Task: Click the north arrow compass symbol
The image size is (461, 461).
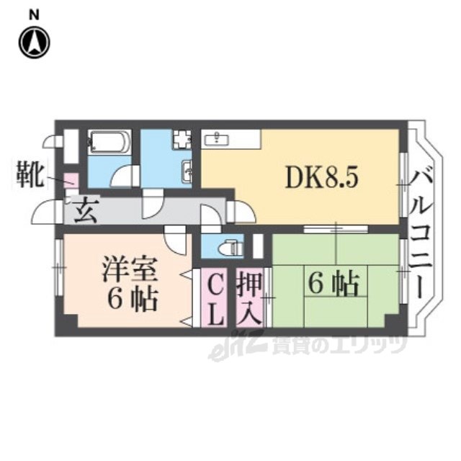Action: (x=34, y=42)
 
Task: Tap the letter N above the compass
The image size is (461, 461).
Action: (x=34, y=12)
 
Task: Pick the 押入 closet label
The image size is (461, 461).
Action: (x=251, y=297)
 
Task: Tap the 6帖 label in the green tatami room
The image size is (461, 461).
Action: (x=333, y=285)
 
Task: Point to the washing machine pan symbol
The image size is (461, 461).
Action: (x=181, y=138)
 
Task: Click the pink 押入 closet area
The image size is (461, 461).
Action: (x=251, y=317)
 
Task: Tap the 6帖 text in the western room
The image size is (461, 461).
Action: (x=130, y=299)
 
